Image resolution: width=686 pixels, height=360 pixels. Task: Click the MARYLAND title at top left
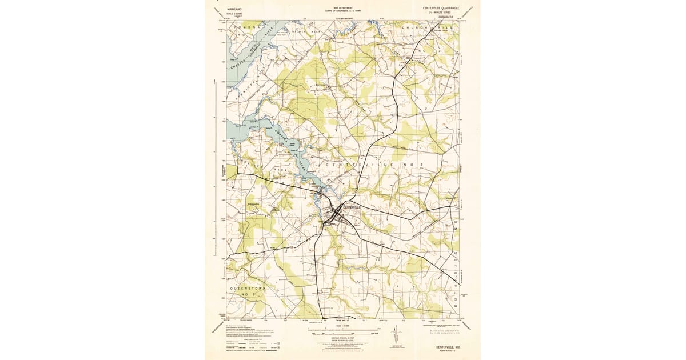[x=234, y=9]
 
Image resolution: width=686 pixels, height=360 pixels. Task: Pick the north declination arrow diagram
[x=397, y=341]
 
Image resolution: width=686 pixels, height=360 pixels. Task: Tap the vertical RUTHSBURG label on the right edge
[x=456, y=269]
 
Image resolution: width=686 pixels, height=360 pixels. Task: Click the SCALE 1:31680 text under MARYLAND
[x=234, y=14]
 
